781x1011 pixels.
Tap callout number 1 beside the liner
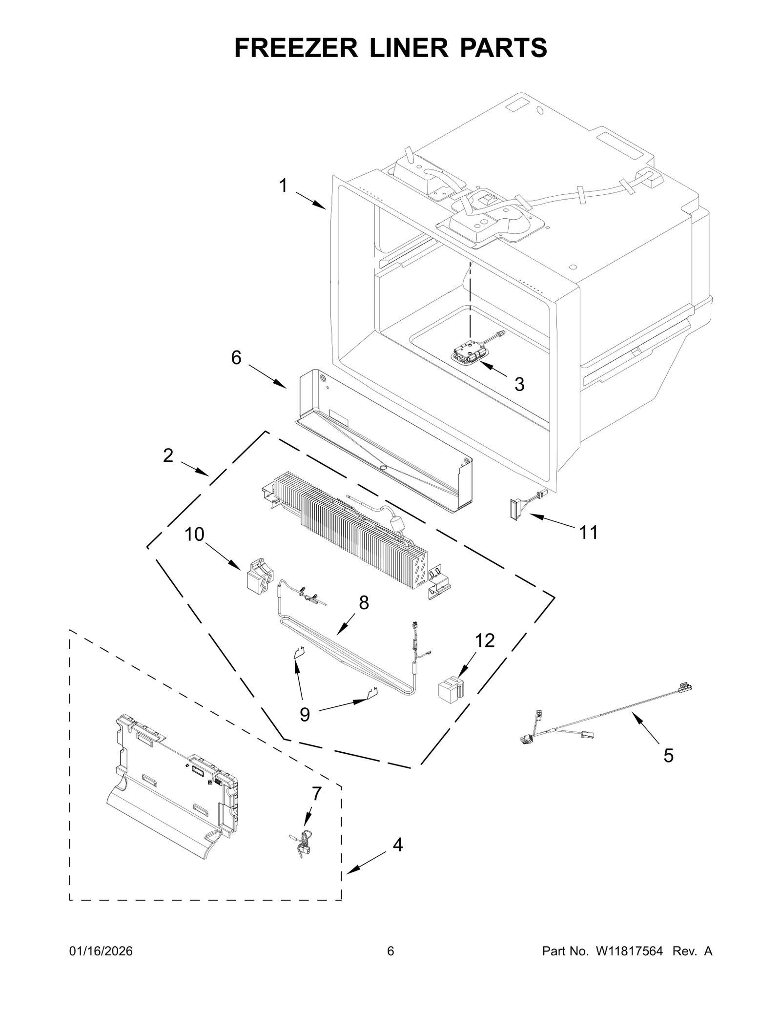283,186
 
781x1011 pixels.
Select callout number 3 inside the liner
519,384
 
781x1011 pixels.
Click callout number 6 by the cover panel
236,358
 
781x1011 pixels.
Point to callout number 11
588,533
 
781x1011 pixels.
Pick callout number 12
485,640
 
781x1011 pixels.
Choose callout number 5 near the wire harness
668,756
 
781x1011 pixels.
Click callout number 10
194,535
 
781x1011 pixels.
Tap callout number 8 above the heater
364,603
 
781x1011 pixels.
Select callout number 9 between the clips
305,715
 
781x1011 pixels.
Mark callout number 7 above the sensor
316,794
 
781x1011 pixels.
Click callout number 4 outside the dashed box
398,845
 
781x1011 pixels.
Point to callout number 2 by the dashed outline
168,455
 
